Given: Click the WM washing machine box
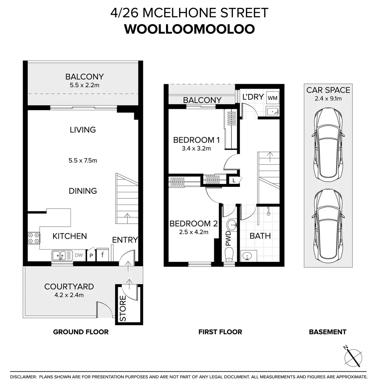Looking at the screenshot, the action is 272,98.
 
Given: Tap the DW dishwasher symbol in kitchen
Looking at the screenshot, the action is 79,255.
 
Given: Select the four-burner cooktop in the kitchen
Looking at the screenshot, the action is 34,237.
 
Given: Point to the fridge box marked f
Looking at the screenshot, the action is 102,254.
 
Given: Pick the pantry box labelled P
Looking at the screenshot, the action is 91,255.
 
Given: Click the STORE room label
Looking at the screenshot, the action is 123,308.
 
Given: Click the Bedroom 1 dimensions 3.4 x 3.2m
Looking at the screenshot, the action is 196,149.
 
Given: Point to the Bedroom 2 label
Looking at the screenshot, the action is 194,224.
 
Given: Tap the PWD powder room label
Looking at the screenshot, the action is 228,238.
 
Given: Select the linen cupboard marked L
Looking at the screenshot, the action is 234,180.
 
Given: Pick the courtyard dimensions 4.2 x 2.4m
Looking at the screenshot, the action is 69,295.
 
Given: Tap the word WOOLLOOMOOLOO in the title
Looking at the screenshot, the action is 189,29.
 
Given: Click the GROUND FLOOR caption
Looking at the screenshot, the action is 81,332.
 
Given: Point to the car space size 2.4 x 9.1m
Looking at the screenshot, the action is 328,98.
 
